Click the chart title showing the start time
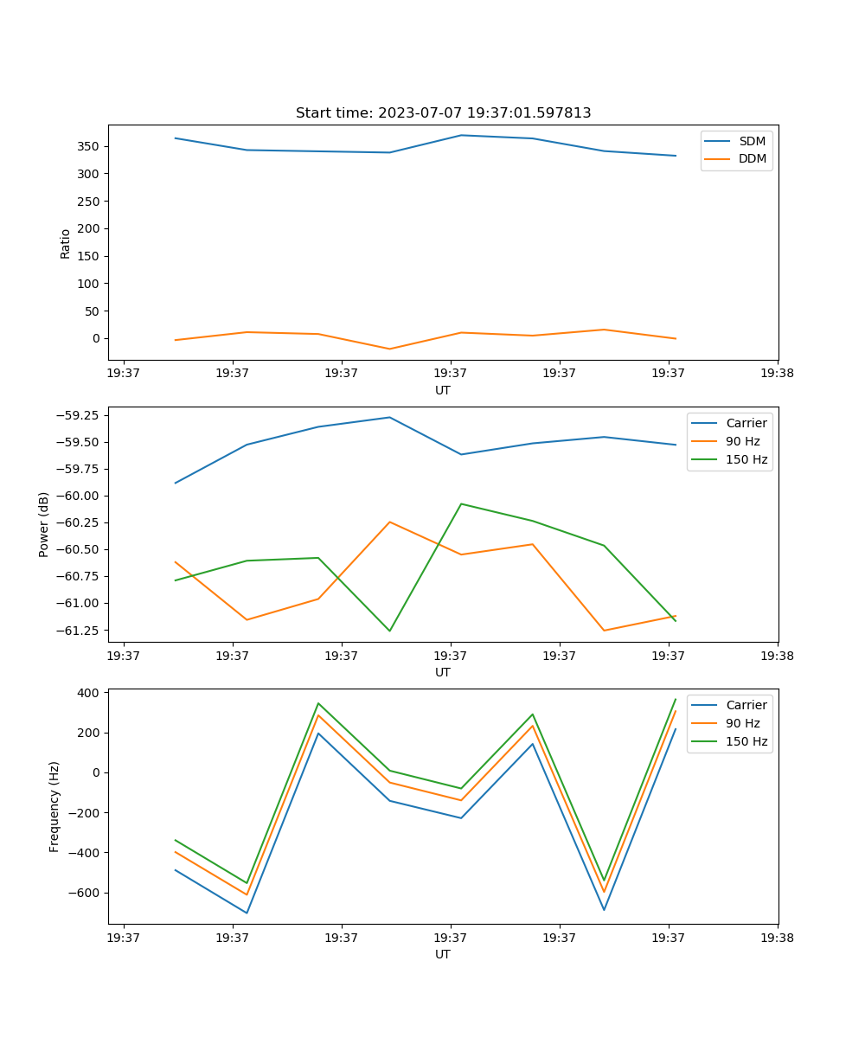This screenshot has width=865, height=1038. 443,113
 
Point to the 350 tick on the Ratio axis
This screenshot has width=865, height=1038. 89,146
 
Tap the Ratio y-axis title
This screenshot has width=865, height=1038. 66,243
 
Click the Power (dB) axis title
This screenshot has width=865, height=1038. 44,524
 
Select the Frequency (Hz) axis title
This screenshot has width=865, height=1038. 54,806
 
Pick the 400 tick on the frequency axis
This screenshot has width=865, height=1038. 90,693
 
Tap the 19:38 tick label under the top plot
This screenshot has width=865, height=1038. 777,374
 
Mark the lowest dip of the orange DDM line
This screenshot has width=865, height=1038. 389,349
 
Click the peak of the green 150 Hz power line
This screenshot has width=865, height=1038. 461,503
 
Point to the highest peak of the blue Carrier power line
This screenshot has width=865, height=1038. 389,417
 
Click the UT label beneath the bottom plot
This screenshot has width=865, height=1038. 443,954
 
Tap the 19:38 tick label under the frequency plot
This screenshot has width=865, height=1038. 777,938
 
